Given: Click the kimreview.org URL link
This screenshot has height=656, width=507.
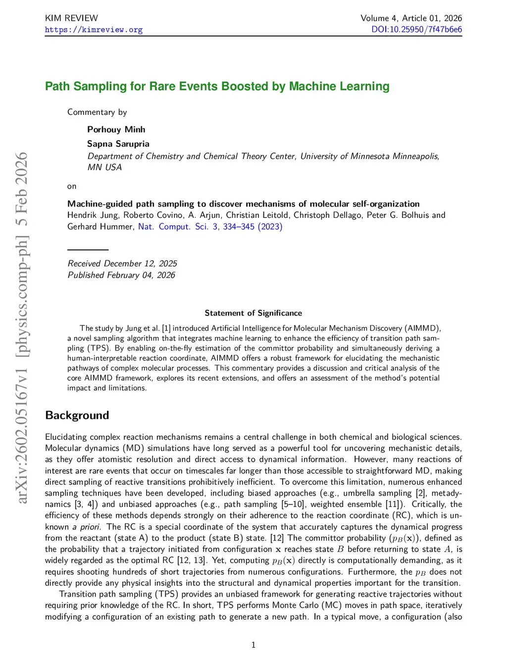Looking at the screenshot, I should (x=94, y=30).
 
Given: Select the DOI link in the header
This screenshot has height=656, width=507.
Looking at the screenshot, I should (x=416, y=29).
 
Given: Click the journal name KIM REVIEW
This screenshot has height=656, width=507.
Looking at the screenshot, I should (x=71, y=18).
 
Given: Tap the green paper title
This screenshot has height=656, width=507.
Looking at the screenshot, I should (x=217, y=86).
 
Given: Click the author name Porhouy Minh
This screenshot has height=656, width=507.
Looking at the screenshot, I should (x=116, y=129).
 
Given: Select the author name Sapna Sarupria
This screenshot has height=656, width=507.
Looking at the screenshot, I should (x=118, y=144).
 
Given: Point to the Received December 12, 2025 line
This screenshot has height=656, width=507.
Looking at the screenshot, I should (x=122, y=263).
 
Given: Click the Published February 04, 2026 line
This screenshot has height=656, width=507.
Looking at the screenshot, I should (x=121, y=275).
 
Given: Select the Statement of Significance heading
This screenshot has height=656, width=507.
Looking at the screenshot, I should (x=253, y=313).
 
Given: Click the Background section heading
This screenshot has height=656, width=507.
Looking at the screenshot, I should (x=77, y=415).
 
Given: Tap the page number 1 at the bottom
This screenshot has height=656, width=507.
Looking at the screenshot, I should (x=253, y=645).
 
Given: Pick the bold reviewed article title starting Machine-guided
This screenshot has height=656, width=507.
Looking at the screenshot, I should (x=243, y=203).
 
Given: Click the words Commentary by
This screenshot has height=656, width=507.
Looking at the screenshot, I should (x=97, y=112).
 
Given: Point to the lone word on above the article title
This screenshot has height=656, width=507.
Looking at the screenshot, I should (x=72, y=187).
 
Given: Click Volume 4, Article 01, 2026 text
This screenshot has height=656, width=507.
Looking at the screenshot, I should (x=411, y=18).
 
